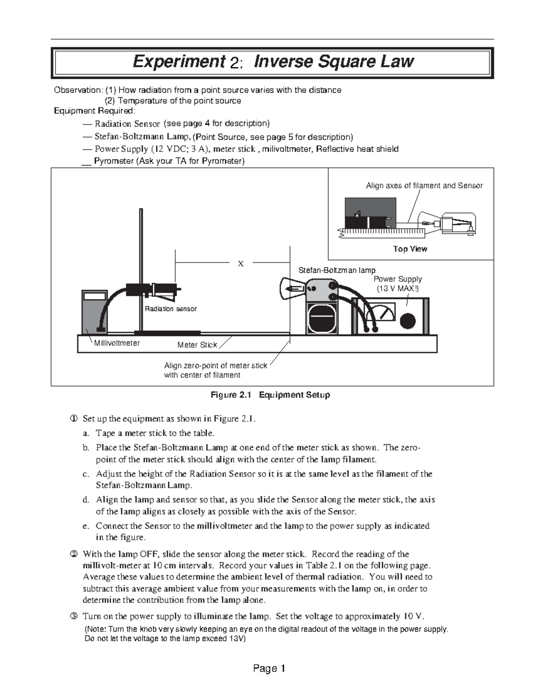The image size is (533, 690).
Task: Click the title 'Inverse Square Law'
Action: point(333,61)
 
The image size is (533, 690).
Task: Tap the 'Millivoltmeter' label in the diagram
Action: point(117,343)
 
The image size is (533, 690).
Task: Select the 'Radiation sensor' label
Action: point(171,309)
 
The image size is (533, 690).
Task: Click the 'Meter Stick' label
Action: point(197,345)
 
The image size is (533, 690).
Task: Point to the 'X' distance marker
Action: point(241,264)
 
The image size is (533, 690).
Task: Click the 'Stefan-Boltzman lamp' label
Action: point(337,270)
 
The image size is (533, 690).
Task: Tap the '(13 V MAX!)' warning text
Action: point(398,288)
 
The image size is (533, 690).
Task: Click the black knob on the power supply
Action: point(407,321)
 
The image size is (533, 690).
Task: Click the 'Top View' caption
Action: point(410,249)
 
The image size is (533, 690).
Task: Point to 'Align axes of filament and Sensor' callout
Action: point(424,186)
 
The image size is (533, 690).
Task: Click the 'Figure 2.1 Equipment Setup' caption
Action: point(270,395)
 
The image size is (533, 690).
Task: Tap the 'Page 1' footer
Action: point(269,668)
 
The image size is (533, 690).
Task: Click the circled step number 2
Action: point(74,554)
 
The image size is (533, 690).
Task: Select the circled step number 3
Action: point(74,616)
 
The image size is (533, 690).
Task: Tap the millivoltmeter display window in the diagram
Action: point(94,296)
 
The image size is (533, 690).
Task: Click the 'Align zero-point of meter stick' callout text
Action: point(215,366)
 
